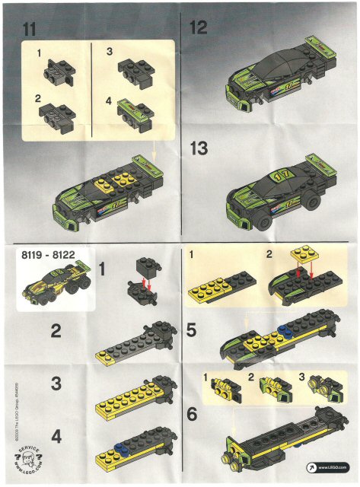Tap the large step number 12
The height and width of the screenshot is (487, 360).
[x=199, y=28]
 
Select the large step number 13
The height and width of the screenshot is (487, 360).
[x=199, y=148]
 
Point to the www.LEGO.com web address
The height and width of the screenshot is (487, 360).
[x=334, y=466]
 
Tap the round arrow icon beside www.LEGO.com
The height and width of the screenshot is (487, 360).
[x=311, y=466]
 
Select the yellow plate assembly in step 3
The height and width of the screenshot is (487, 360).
[x=132, y=399]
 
